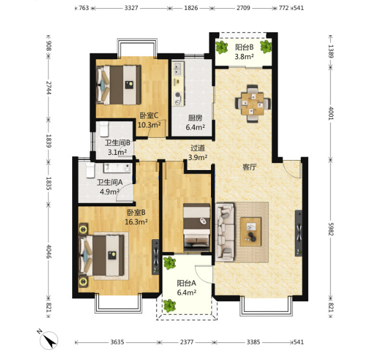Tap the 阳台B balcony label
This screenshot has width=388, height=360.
(x=244, y=47)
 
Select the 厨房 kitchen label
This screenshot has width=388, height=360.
(x=195, y=118)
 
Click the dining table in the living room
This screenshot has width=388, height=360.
(x=253, y=104)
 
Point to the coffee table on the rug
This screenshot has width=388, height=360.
(x=251, y=232)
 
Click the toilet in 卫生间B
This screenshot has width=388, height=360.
(x=104, y=129)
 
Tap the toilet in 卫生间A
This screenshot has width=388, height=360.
(x=90, y=170)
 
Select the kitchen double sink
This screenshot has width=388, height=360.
(x=178, y=69)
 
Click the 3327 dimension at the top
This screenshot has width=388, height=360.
(x=131, y=8)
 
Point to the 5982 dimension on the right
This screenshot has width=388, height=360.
(x=331, y=229)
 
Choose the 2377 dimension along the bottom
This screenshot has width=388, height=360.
(x=186, y=342)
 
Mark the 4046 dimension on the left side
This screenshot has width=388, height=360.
(x=49, y=252)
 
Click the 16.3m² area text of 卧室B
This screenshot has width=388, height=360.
(x=136, y=222)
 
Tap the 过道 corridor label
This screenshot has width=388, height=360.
(x=198, y=148)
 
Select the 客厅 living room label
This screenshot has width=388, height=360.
(x=250, y=167)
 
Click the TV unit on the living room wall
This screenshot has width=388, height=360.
(x=299, y=233)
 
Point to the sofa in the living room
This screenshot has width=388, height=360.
(x=224, y=232)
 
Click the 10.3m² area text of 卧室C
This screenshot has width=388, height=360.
(x=149, y=125)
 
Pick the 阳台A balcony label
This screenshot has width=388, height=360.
(x=186, y=283)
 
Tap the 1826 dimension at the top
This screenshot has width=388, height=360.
(x=191, y=8)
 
